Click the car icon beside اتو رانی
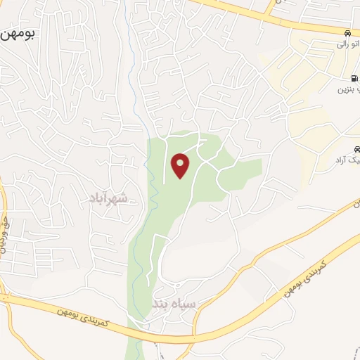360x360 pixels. pos(348,33)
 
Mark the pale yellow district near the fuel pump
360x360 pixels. pos(309,105)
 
